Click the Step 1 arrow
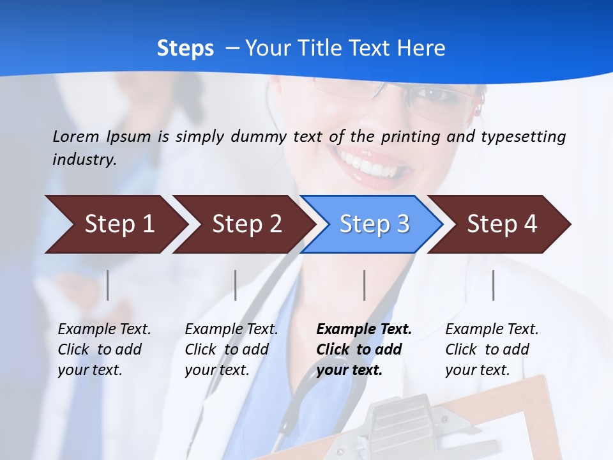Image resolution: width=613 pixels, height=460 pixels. pos(115,224)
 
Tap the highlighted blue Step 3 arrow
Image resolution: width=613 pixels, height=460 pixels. pos(372,224)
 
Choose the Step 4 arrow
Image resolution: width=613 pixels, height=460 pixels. pos(500,224)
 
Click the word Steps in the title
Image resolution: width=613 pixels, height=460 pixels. pos(185,48)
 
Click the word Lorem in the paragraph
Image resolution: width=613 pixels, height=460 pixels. pos(75,136)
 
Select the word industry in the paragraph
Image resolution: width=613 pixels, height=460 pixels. pos(84,159)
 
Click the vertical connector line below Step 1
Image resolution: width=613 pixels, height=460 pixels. pos(108,285)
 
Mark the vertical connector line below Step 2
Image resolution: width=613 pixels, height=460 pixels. pos(236,285)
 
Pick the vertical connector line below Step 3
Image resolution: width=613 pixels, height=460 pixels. pos(365,285)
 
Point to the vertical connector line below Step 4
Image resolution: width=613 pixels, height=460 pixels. pos(494,285)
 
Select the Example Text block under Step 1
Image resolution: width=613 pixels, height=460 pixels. pos(104,349)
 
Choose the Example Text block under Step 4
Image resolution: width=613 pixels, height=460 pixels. pos(492,349)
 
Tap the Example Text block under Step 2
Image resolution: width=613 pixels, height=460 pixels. pos(231,349)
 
